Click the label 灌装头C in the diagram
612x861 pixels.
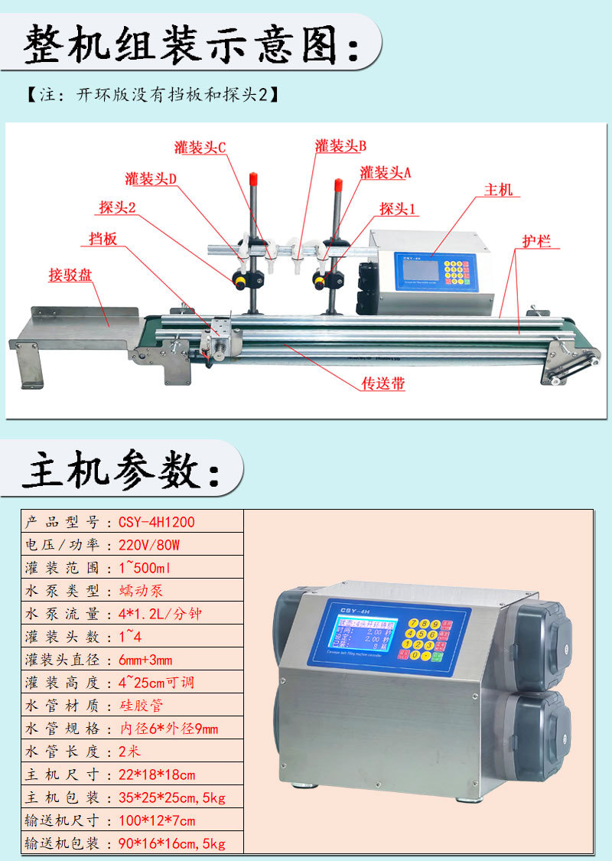coord(200,148)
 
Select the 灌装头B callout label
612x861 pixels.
coord(340,145)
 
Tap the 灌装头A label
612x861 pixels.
coord(386,172)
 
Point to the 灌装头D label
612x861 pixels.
coord(151,178)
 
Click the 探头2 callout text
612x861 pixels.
coord(117,207)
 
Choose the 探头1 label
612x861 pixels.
coord(399,208)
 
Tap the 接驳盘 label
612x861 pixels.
coord(70,275)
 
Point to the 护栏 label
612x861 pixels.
coord(536,242)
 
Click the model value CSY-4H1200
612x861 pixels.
coord(157,522)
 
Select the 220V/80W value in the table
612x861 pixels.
coord(149,545)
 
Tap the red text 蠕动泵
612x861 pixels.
coord(141,591)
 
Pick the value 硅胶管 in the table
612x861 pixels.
coord(141,705)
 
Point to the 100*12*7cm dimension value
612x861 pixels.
coord(157,820)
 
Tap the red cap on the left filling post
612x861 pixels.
coord(252,179)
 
